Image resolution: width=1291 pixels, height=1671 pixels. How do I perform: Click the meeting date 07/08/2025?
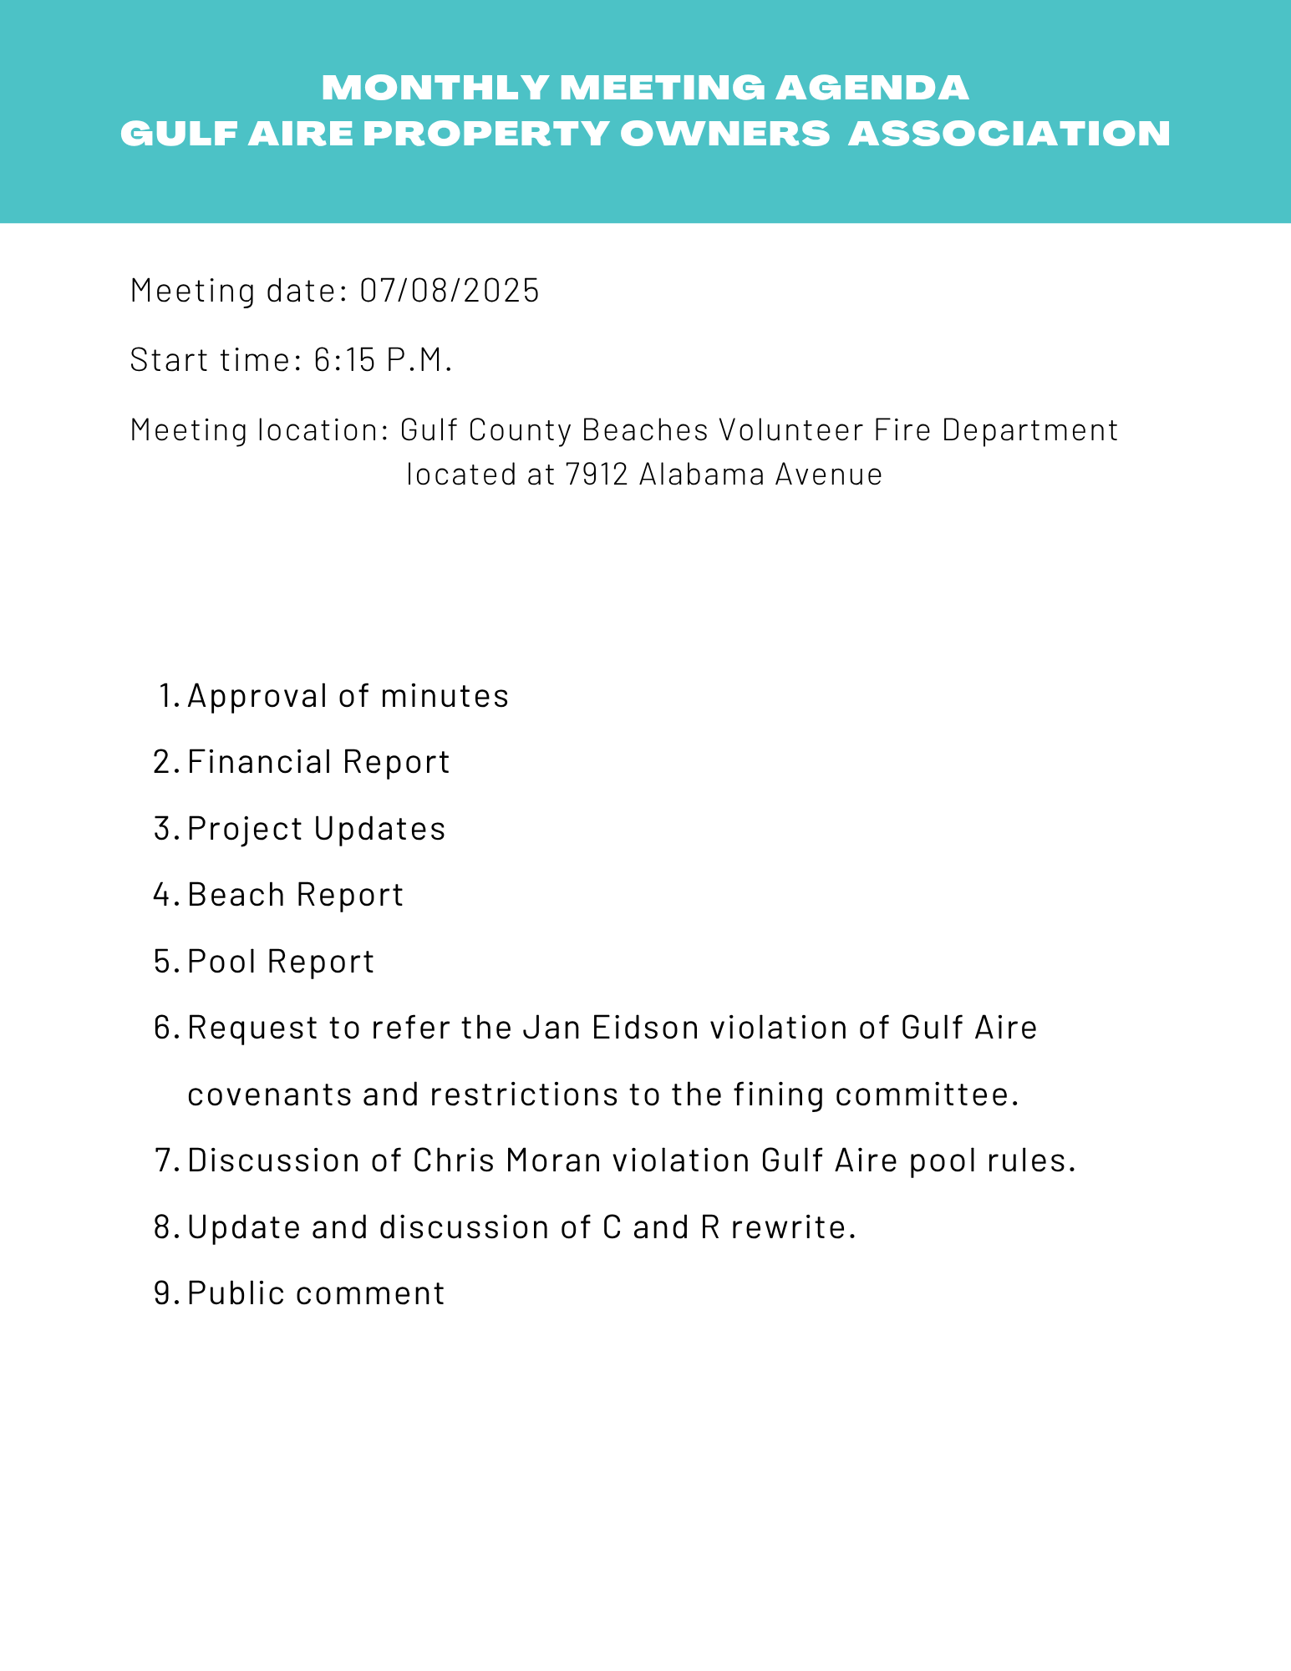click(x=450, y=291)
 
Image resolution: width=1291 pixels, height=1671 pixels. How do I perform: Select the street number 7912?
click(x=596, y=475)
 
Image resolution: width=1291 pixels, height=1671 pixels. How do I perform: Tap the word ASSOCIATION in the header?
click(x=1009, y=134)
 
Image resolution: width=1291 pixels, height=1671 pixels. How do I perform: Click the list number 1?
click(x=167, y=696)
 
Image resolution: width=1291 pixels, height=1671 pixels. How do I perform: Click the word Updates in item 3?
click(x=379, y=829)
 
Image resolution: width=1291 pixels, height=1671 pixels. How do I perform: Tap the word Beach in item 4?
click(x=236, y=895)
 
